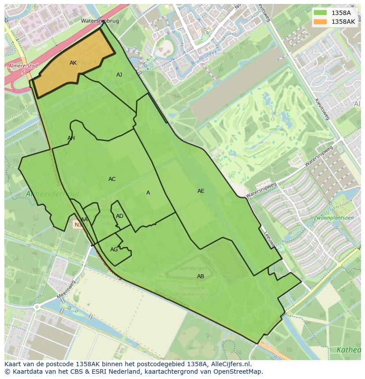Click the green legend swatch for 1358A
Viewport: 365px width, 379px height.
point(320,12)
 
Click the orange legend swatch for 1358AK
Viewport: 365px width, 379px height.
point(320,22)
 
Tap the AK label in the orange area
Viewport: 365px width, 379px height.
point(73,63)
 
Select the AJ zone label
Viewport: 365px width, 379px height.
point(119,75)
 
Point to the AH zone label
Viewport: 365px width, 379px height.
point(71,138)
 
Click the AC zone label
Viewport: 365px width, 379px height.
point(112,179)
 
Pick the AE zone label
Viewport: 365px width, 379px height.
point(201,191)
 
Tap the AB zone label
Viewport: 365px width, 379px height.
point(201,276)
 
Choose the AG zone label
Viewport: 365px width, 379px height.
point(114,250)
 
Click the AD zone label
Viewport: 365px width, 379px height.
point(119,216)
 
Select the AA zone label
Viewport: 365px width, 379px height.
point(84,220)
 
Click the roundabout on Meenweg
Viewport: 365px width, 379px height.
point(37,307)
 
